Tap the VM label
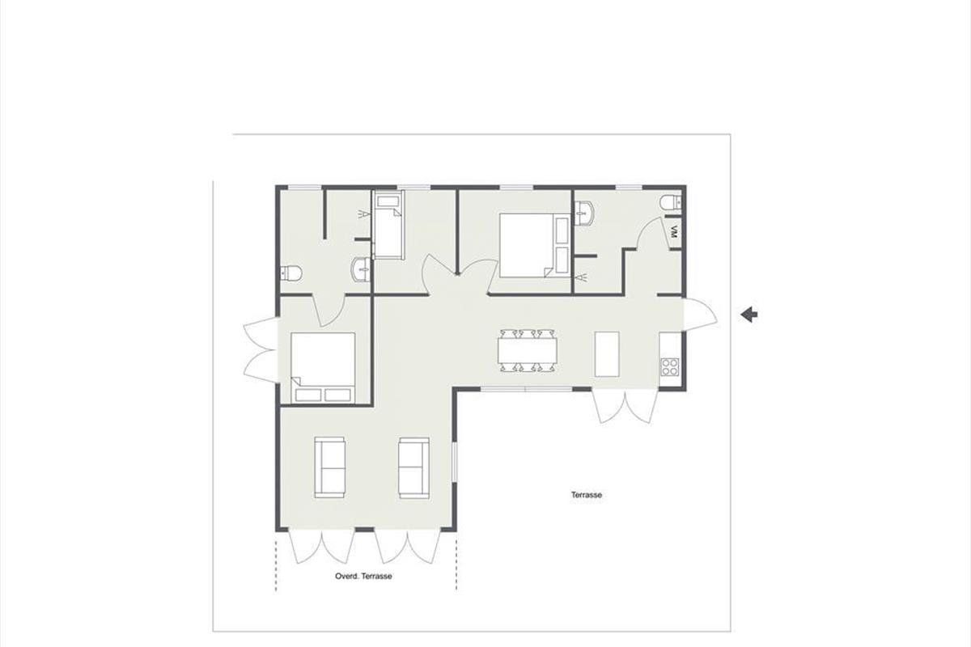coord(673,232)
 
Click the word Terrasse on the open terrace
coord(587,495)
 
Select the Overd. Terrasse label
coord(363,577)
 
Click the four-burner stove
coord(670,366)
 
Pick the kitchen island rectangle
coord(607,354)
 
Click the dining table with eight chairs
coord(527,351)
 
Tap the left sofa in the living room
coord(330,467)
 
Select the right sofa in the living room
coord(414,467)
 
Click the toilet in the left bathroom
coord(290,273)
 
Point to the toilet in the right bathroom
coord(671,202)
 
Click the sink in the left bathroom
coord(362,270)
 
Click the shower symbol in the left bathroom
coord(365,214)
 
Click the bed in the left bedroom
coord(323,367)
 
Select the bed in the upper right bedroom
coord(535,245)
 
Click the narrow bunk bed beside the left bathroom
coord(388,226)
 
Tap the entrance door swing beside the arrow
coord(700,315)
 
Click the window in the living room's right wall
coord(454,461)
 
